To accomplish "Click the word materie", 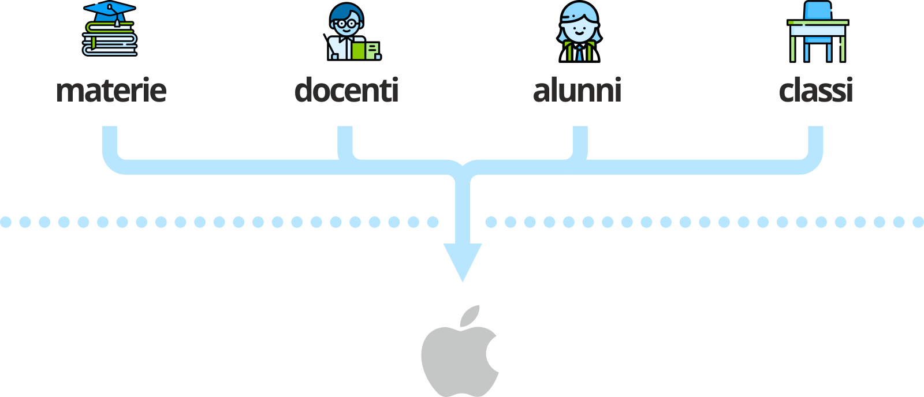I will click(111, 91).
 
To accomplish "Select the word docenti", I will click(346, 91).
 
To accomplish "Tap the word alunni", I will click(577, 91).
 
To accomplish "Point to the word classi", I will click(815, 91).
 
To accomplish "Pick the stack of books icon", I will click(110, 40).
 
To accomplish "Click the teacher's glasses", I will click(346, 24).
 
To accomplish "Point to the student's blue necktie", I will click(579, 54).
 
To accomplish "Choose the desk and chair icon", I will click(817, 32).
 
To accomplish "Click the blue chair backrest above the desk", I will click(817, 10).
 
